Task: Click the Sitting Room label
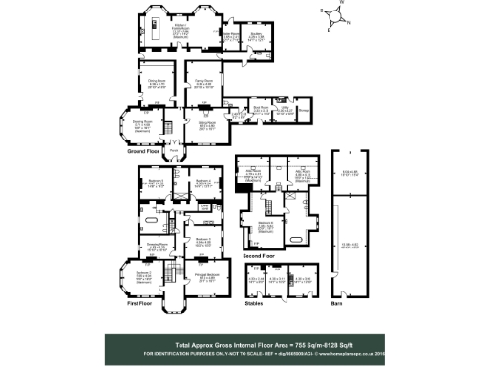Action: [x=206, y=124]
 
